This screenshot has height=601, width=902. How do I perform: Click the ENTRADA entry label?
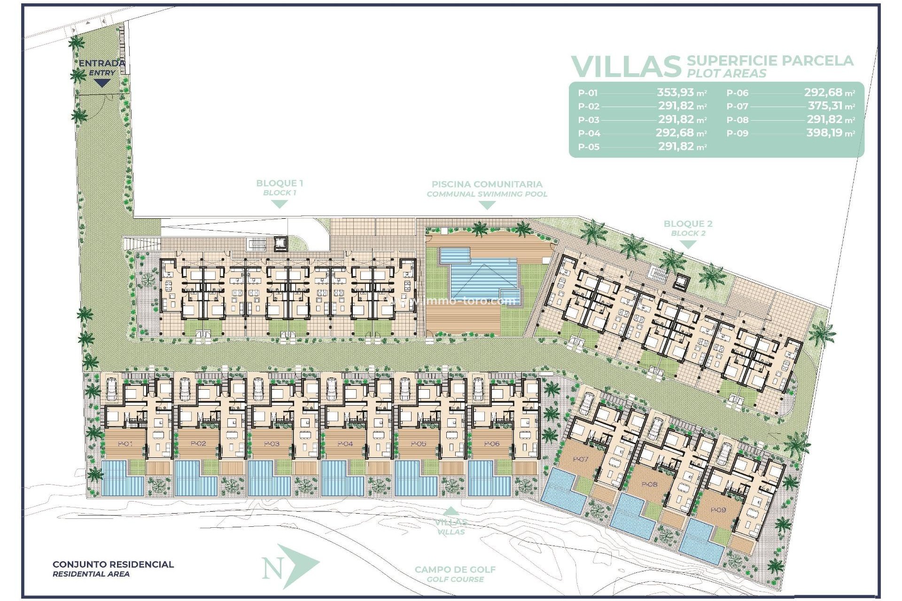101,63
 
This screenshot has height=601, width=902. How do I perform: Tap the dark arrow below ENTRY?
102,83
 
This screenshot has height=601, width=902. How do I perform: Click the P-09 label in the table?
737,133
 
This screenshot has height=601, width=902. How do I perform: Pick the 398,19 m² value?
830,133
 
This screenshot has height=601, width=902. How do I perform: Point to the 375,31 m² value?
831,106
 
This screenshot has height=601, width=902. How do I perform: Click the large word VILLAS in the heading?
625,67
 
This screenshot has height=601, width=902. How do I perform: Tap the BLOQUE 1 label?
279,183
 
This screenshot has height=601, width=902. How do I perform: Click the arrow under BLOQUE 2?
688,245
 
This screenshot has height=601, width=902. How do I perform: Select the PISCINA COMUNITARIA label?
487,184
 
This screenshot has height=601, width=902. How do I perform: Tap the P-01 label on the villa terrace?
125,444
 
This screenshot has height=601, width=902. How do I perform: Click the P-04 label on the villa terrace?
345,444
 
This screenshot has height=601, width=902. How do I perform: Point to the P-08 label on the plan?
649,484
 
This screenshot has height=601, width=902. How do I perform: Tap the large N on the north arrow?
272,569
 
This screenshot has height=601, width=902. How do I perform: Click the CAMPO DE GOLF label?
455,570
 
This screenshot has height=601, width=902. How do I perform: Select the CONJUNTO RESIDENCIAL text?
113,564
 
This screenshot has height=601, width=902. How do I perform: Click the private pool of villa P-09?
700,547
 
